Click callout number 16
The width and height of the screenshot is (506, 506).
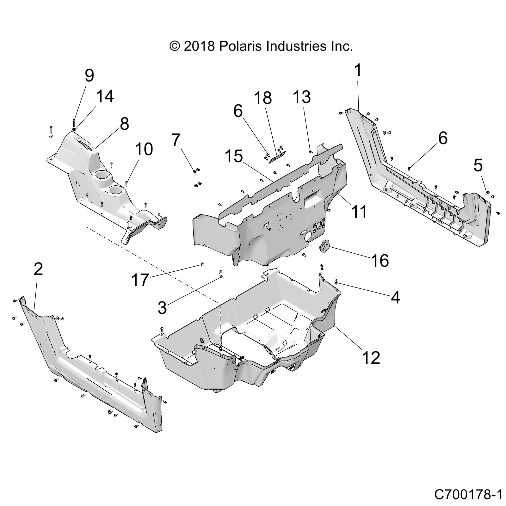click(380, 261)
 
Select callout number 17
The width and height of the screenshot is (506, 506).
click(140, 280)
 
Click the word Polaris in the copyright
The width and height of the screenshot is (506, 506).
click(240, 46)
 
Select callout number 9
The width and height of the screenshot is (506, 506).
click(89, 76)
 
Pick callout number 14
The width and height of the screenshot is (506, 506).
click(105, 96)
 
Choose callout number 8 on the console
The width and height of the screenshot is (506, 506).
click(124, 124)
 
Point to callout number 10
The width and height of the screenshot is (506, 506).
click(144, 149)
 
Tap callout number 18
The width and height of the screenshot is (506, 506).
click(263, 98)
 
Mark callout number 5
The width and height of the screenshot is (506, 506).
click(478, 165)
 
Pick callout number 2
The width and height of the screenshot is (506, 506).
click(38, 269)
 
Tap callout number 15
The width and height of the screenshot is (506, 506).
click(234, 156)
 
